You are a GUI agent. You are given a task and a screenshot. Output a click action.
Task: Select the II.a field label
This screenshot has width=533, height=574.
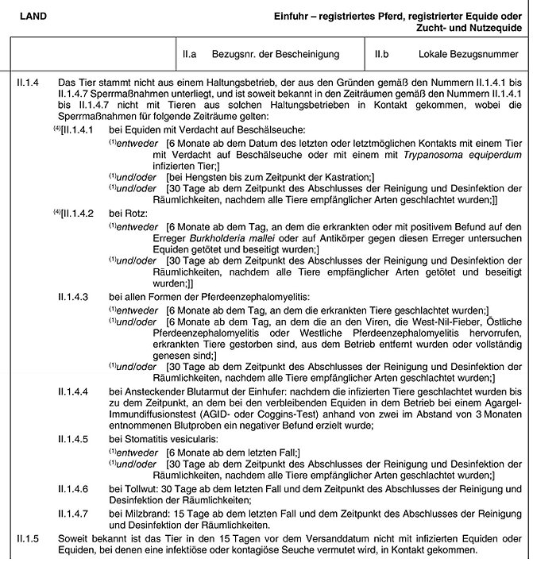click(189, 54)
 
